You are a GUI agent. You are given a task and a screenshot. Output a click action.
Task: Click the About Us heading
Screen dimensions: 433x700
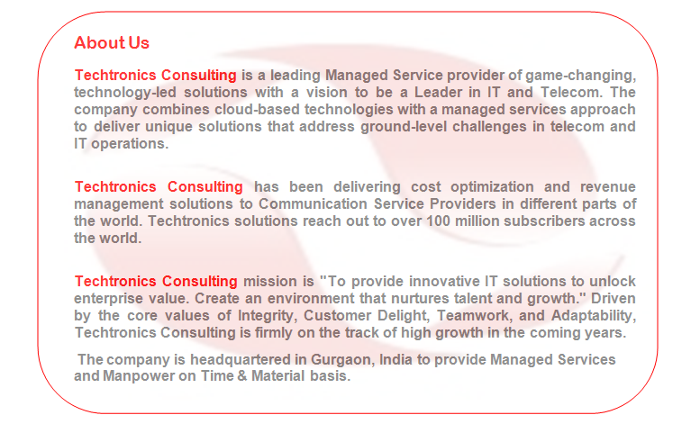point(112,43)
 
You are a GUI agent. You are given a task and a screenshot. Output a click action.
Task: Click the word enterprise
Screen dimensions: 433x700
point(108,298)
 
